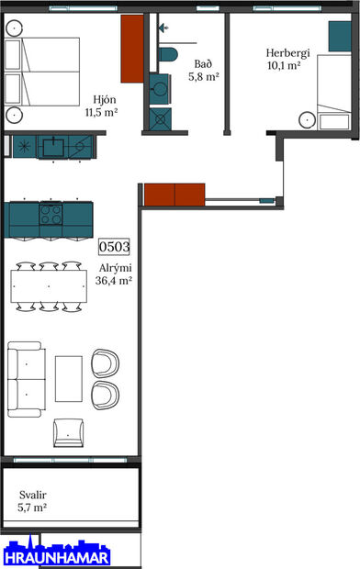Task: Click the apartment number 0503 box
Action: [x=115, y=246]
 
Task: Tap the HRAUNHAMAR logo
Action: [x=56, y=555]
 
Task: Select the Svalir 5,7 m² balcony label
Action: [x=33, y=500]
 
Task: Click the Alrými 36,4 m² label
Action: [x=114, y=275]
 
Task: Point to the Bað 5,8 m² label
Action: [x=206, y=71]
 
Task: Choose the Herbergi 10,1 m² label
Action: [x=285, y=59]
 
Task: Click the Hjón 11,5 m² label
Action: [x=107, y=106]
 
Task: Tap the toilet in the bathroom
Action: [x=168, y=53]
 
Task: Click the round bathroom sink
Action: [x=160, y=88]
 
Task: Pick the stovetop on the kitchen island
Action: [x=51, y=218]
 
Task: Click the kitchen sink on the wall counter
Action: [x=54, y=145]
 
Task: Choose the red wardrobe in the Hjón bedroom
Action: [x=133, y=49]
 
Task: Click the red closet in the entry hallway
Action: [x=174, y=195]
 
